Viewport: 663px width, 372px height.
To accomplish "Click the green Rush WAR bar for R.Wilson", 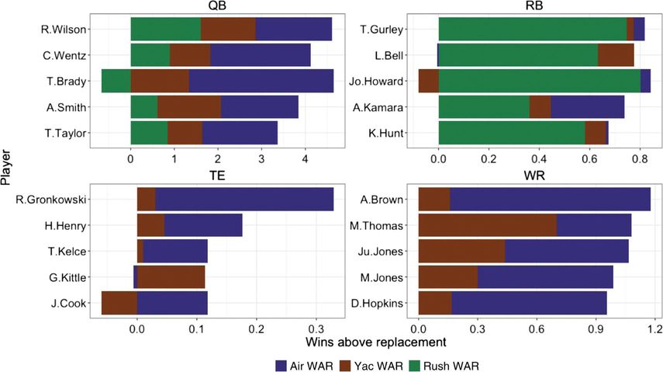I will pos(165,30).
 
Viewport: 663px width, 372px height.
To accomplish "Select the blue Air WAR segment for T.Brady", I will pos(261,81).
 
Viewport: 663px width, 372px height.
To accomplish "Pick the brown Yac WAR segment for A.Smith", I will pos(189,106).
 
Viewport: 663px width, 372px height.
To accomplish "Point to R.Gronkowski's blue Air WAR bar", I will pos(244,200).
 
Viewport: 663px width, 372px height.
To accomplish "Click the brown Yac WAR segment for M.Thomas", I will pos(487,225).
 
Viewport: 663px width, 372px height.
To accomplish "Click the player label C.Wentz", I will pos(66,55).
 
